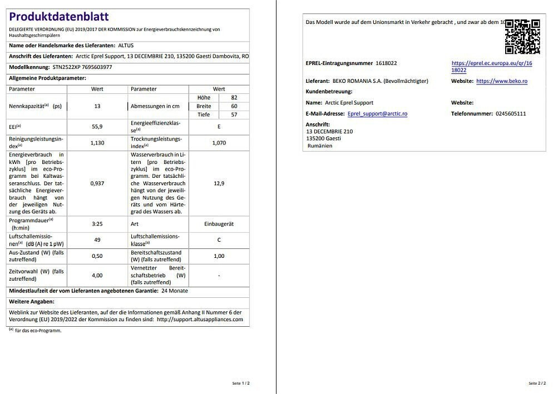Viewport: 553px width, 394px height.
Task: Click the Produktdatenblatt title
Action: [x=59, y=17]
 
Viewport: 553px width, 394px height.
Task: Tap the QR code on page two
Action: [x=522, y=37]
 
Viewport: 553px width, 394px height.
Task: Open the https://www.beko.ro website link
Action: [x=501, y=81]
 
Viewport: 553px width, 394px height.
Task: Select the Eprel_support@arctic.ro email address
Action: [x=377, y=113]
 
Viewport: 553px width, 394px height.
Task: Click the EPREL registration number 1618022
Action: [x=386, y=63]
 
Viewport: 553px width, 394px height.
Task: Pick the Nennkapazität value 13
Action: [x=97, y=106]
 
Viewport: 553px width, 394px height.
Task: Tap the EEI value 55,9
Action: [x=97, y=127]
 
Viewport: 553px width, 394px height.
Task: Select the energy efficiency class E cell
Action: [x=219, y=127]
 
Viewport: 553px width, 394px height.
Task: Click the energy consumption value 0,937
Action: [x=97, y=183]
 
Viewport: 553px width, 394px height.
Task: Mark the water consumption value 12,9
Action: [x=219, y=183]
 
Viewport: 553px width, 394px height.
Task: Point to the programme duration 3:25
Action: [x=97, y=224]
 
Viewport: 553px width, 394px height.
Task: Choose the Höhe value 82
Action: [x=234, y=97]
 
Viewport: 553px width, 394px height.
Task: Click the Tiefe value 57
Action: [x=234, y=114]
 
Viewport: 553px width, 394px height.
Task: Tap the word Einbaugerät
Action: [x=219, y=224]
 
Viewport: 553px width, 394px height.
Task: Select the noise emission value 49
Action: [x=97, y=240]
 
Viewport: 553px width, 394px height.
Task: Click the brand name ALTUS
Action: [x=126, y=45]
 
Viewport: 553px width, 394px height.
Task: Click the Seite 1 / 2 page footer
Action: [x=241, y=383]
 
